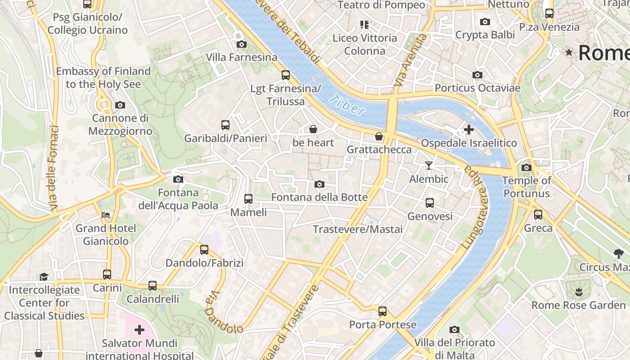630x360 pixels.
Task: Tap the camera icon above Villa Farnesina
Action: (242, 44)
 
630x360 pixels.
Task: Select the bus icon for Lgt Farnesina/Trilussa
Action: (285, 75)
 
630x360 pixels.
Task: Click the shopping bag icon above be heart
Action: (313, 130)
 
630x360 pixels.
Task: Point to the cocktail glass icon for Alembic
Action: (428, 166)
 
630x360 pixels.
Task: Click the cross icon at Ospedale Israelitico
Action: (468, 130)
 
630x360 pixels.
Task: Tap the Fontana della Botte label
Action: (319, 197)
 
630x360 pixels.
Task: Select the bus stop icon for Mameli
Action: (248, 198)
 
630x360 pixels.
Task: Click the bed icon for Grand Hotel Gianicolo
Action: (105, 215)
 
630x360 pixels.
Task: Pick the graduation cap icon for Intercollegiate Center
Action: (44, 276)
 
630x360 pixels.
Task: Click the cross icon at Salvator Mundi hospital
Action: (139, 330)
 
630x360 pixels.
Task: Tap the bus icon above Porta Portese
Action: (382, 311)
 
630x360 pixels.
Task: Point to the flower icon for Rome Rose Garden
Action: (578, 292)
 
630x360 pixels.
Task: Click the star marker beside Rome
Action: (569, 53)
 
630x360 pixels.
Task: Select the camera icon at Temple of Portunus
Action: (526, 168)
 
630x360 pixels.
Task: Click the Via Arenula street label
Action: (409, 61)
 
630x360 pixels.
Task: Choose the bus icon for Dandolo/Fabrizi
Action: (204, 249)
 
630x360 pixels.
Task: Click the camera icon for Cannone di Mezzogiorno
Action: (120, 105)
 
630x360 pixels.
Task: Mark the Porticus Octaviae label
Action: (477, 88)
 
